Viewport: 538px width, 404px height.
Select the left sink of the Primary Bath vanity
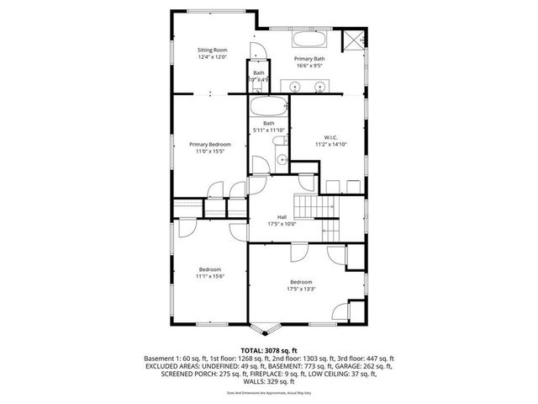coord(298,86)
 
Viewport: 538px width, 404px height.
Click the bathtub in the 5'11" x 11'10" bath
coord(268,107)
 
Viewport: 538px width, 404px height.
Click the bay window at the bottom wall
coord(268,329)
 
